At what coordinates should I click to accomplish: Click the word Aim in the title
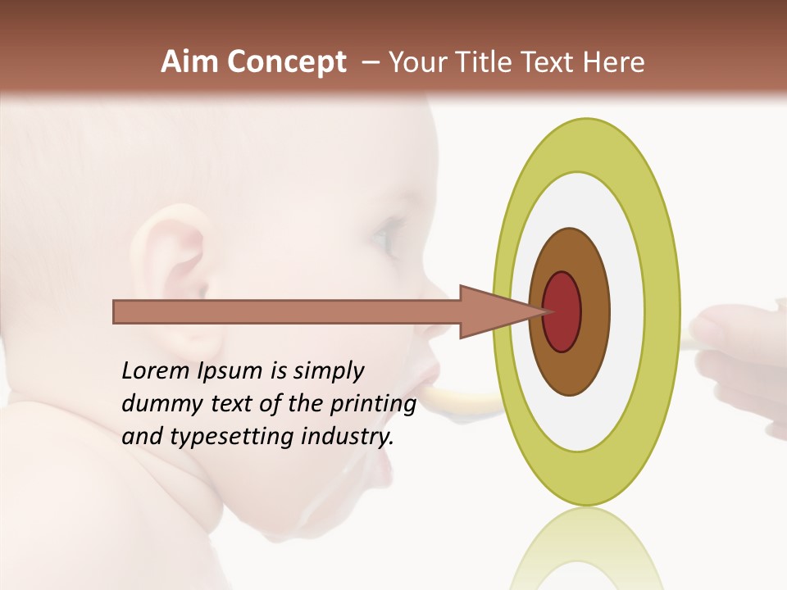click(190, 62)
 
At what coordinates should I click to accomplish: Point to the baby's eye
click(386, 238)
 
